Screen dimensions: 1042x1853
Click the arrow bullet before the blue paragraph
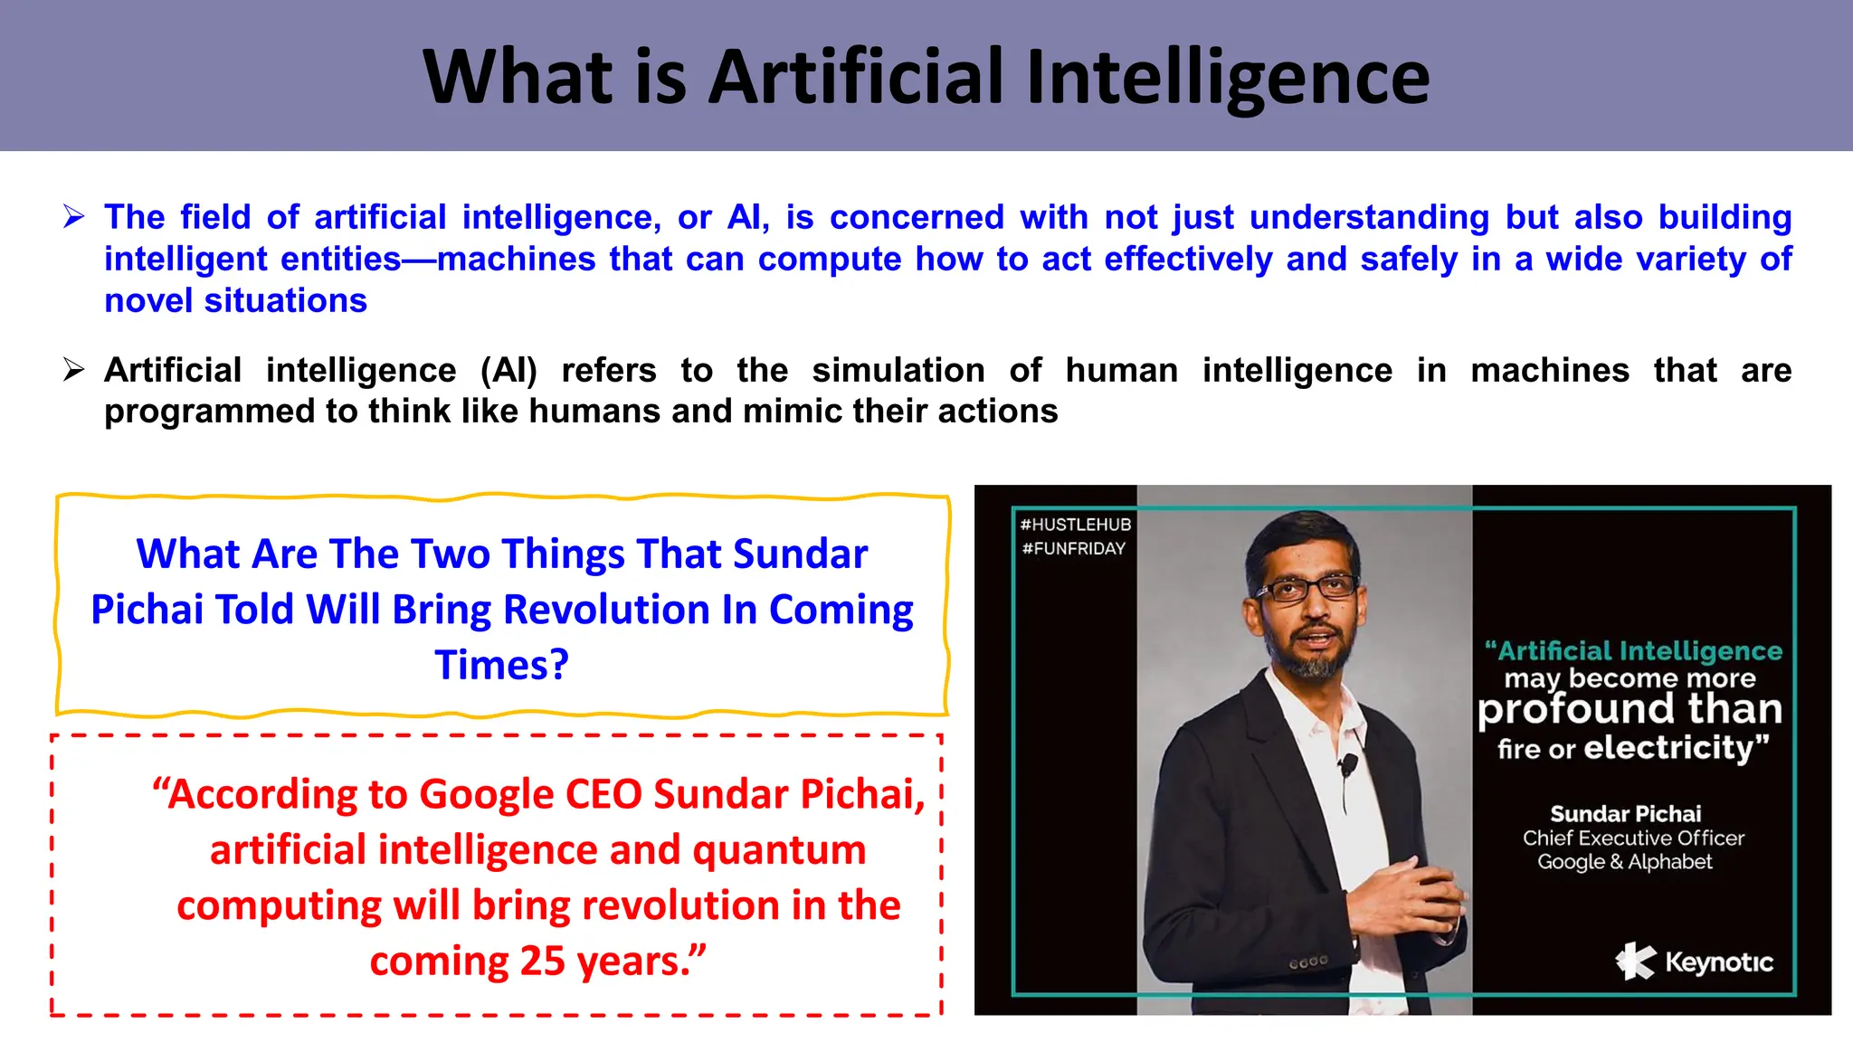click(74, 217)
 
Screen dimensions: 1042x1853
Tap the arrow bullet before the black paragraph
click(74, 370)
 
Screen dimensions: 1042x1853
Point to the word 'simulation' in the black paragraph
click(898, 370)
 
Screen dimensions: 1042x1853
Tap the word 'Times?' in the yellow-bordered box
click(501, 665)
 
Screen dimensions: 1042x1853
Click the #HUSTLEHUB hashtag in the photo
click(1075, 525)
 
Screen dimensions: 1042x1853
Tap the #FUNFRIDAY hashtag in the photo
click(1073, 548)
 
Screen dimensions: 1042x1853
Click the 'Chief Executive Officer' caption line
click(1633, 838)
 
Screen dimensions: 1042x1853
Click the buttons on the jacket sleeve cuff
click(1308, 962)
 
